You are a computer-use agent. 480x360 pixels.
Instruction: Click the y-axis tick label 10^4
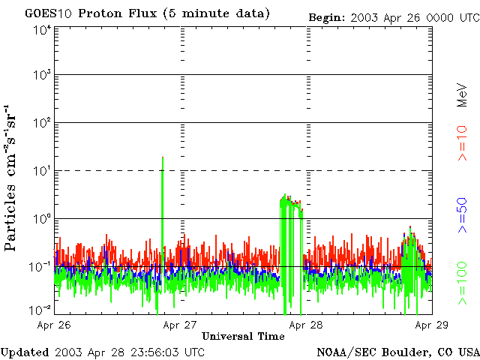pos(41,29)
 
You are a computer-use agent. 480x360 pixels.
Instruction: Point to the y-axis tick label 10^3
pos(41,75)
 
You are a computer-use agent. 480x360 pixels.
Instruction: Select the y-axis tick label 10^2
pos(41,123)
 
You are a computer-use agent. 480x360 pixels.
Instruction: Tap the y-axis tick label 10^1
pos(41,170)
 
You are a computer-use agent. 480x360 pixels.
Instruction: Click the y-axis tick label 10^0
pos(41,218)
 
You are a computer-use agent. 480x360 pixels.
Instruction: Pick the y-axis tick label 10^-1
pos(40,266)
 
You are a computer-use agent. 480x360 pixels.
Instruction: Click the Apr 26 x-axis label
pos(54,325)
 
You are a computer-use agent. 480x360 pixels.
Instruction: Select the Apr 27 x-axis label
pos(180,325)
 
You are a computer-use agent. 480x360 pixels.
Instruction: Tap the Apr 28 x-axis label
pos(306,325)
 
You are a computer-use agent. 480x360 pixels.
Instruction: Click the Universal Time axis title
pos(243,337)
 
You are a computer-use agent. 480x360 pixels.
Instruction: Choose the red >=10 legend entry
pos(462,144)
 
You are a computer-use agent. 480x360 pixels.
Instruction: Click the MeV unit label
pos(462,94)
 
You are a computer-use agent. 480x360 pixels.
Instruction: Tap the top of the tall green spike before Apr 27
pos(163,157)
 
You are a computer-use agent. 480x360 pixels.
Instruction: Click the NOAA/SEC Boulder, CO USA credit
pos(397,352)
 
